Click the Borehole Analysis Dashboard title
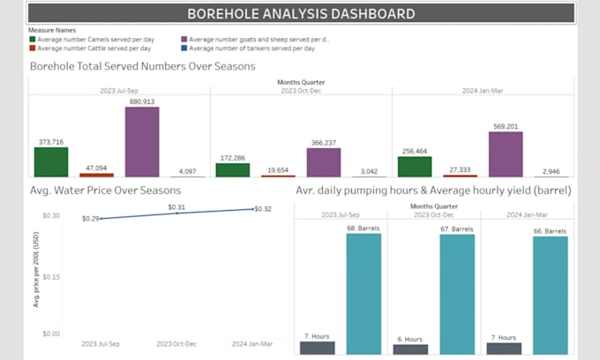[301, 13]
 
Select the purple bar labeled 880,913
[142, 142]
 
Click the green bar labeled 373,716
[51, 162]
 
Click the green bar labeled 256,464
[415, 167]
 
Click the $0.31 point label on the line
[177, 207]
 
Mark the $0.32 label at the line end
[263, 209]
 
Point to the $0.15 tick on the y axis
[50, 276]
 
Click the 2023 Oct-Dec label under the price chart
[177, 343]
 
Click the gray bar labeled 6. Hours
[410, 349]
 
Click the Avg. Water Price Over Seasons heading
[105, 190]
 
